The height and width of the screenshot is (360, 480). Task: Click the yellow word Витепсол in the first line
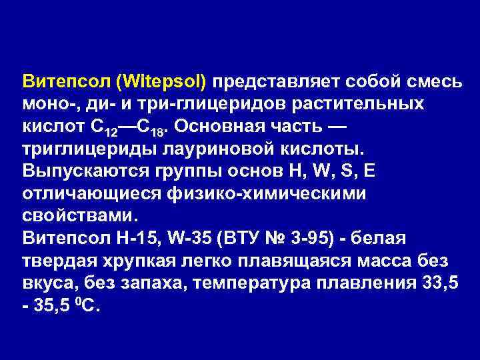64,82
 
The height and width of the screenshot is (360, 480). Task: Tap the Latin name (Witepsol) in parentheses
161,82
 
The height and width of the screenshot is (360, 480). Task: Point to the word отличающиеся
87,194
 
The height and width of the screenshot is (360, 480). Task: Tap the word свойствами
79,216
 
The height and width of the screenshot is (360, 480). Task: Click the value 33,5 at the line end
440,283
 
